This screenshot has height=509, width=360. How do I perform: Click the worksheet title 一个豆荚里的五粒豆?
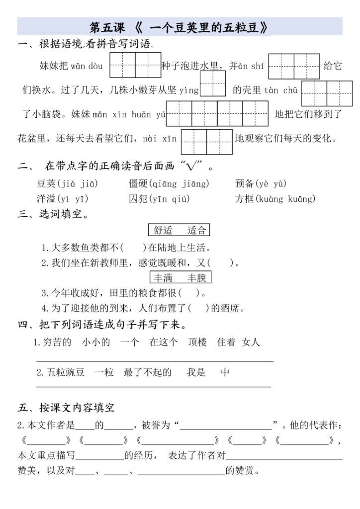180,26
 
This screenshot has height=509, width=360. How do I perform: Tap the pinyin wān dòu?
87,66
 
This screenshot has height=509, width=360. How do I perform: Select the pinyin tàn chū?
281,90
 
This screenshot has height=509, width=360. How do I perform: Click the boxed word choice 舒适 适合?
179,230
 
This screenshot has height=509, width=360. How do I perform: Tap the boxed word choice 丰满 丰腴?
180,277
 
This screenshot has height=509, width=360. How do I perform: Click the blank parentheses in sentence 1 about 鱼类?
133,248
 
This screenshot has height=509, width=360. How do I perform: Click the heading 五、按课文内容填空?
66,408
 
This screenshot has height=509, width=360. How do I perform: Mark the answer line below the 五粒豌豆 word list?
154,386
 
